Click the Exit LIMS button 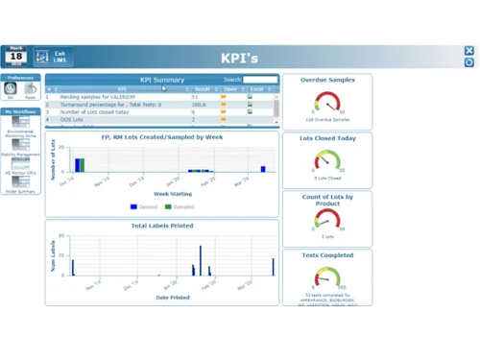[53, 58]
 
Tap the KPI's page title [239, 59]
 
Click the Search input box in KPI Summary [260, 81]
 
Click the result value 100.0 [200, 105]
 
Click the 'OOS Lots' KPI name [73, 120]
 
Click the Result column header [202, 89]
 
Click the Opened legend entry [144, 206]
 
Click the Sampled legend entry [179, 206]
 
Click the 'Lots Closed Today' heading [327, 138]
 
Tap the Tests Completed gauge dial [327, 278]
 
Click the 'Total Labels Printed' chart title [161, 226]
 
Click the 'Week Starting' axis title [161, 194]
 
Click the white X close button [469, 51]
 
